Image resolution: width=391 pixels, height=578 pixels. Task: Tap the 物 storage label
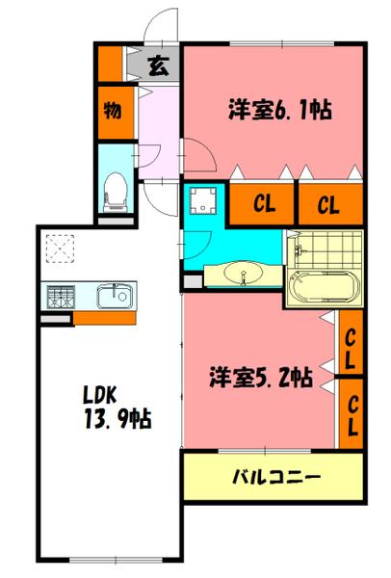click(x=113, y=110)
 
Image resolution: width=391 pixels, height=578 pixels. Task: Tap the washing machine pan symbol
click(x=203, y=200)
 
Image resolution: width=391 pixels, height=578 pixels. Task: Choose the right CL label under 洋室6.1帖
click(x=328, y=203)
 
